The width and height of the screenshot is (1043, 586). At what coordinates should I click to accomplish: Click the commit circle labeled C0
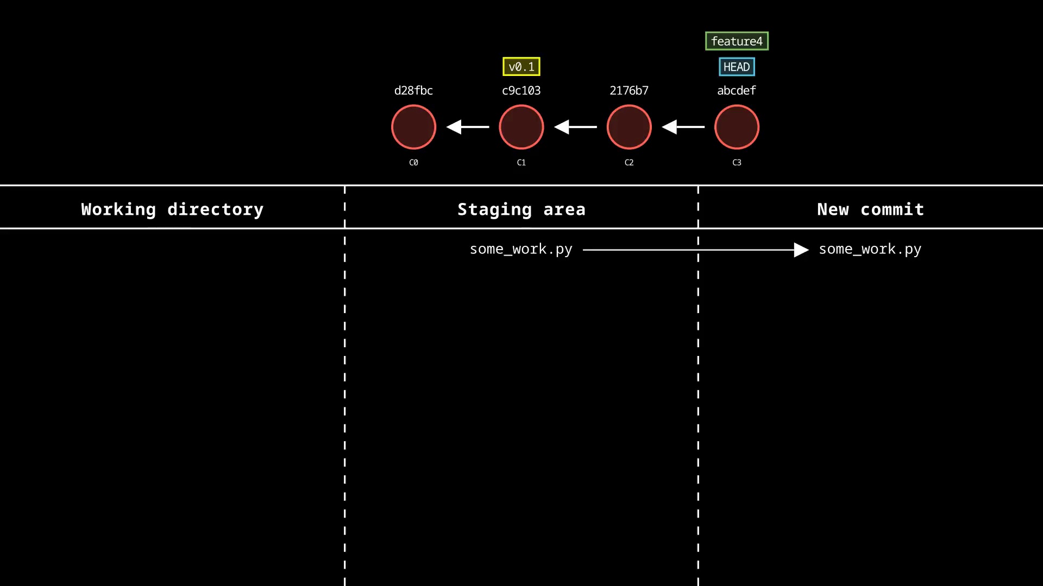coord(413,127)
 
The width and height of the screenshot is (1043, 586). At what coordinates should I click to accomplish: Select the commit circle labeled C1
coord(521,127)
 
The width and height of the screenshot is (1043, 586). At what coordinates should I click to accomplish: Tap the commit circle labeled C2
coord(629,127)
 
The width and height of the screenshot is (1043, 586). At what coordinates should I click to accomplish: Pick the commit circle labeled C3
coord(737,127)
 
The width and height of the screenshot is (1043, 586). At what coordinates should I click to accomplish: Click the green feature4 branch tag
coord(737,41)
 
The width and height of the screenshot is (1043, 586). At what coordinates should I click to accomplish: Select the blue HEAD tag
coord(737,67)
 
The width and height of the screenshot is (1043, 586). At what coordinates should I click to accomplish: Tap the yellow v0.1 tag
coord(521,67)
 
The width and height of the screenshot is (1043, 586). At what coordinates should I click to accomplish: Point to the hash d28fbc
coord(413,91)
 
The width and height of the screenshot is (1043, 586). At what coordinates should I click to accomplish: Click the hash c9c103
coord(521,91)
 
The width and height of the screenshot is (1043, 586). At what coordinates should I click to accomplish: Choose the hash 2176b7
coord(629,91)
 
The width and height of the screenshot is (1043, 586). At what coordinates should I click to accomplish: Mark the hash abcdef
coord(737,91)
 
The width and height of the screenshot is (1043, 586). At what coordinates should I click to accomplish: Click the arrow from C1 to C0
coord(467,127)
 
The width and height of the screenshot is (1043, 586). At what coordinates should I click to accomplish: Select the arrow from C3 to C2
coord(683,127)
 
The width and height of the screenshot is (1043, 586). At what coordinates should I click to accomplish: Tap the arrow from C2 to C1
coord(575,127)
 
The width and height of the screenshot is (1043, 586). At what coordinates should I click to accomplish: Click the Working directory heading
coord(172,209)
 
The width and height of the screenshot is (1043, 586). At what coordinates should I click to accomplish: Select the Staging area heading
coord(521,209)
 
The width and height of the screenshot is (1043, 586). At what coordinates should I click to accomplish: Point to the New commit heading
coord(870,209)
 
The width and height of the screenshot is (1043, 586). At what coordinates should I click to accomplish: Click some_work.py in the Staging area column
coord(521,249)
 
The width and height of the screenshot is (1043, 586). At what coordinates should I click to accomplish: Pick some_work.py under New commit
coord(870,249)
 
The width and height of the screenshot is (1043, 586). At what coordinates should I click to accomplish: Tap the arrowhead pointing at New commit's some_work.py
coord(801,250)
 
